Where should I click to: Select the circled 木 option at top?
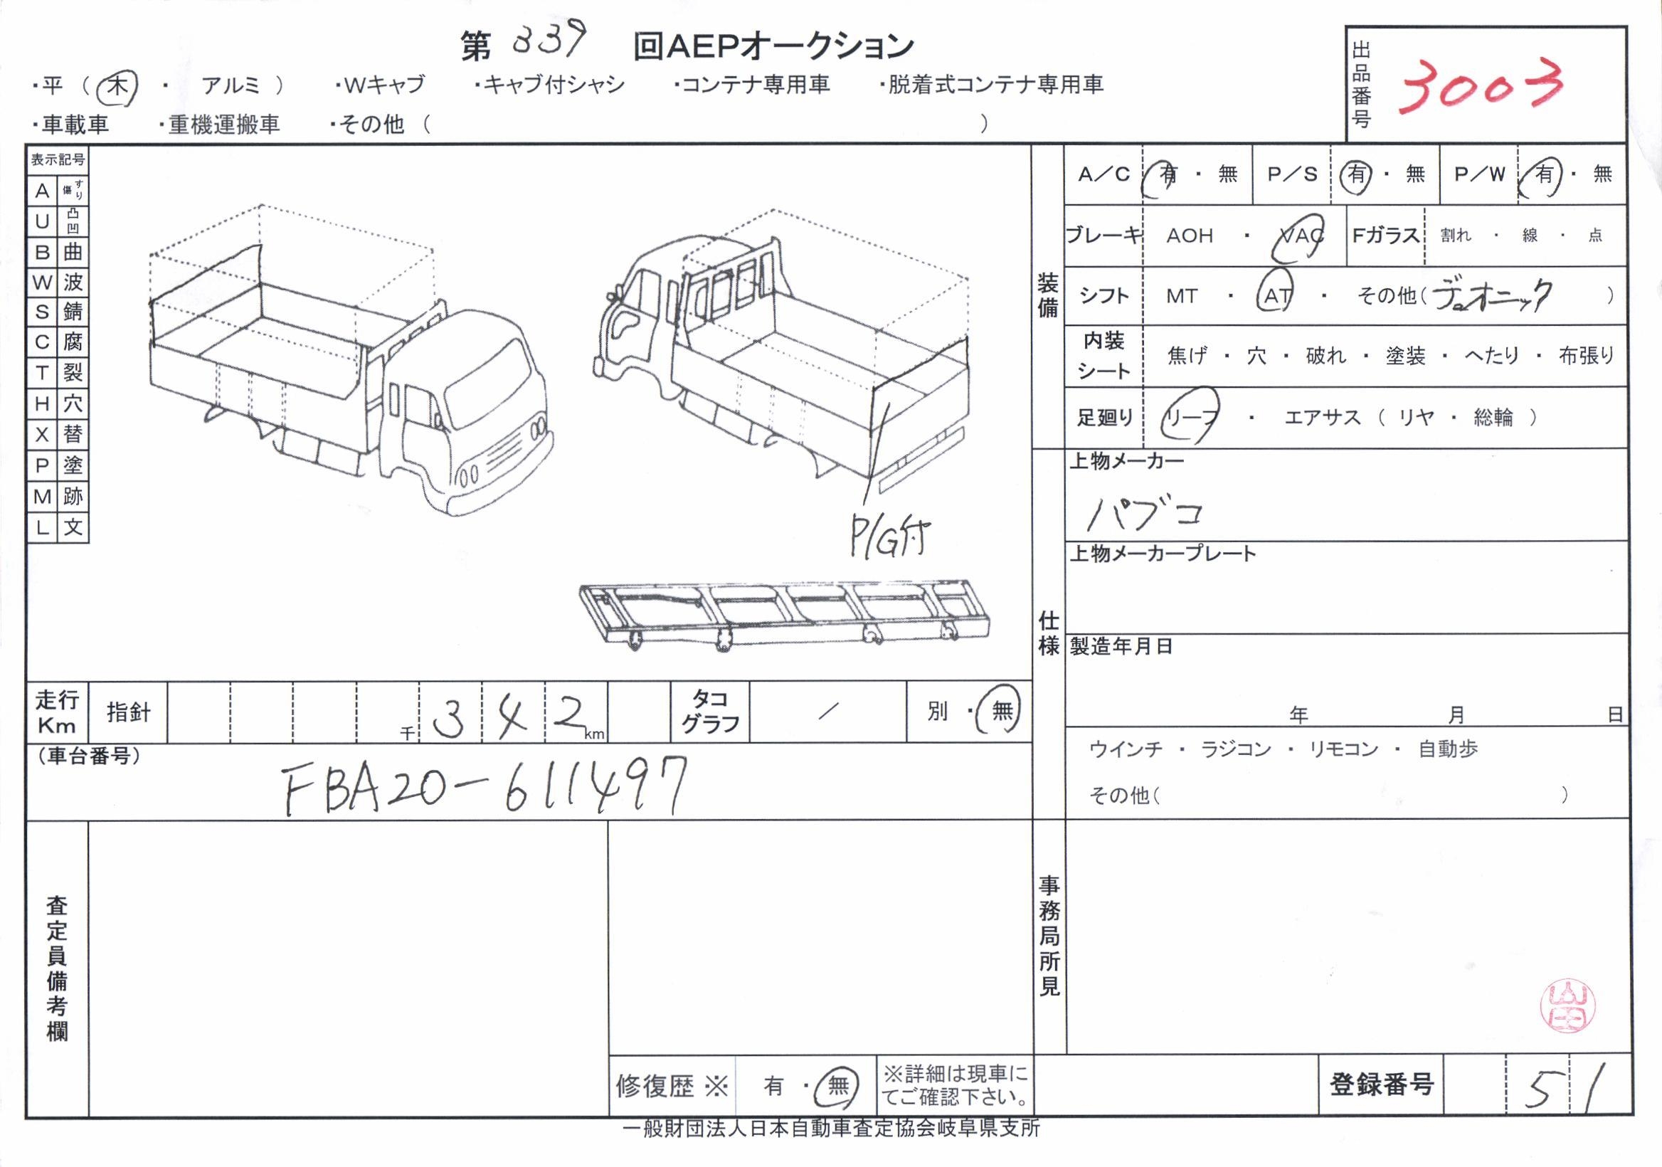pos(117,88)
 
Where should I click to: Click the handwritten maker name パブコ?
pos(1144,513)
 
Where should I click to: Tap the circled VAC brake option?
pos(1299,236)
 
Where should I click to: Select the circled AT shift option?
pos(1277,296)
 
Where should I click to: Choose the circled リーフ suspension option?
pos(1190,417)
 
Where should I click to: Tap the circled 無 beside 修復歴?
pos(837,1085)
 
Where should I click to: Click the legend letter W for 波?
pos(42,282)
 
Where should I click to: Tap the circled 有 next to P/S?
pos(1357,174)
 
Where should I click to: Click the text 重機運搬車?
pos(223,125)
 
